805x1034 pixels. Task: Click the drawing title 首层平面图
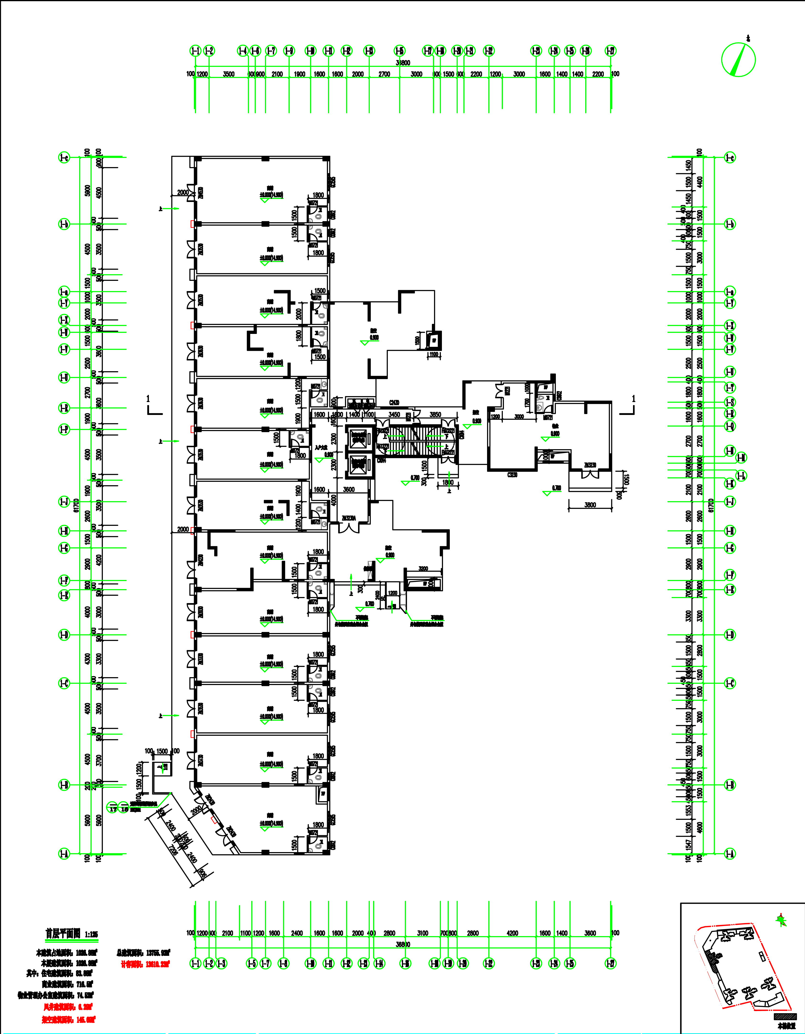point(63,933)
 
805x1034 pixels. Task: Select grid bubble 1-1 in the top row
point(195,51)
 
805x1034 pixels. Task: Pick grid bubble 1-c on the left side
point(64,158)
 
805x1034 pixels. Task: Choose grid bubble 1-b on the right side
point(730,224)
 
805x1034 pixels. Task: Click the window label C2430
point(394,403)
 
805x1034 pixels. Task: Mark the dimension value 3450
point(394,415)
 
